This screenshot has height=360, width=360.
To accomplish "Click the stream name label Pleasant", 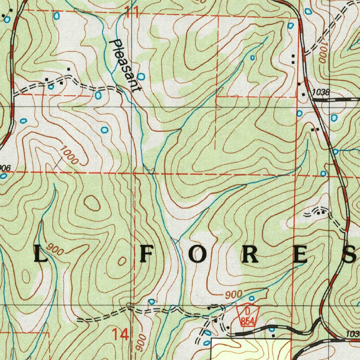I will coord(125,66).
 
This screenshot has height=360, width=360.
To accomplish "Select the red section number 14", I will coord(120,334).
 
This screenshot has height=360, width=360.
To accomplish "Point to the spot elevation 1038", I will coord(321,92).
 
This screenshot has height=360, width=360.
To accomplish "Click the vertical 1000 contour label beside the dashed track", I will coord(322,53).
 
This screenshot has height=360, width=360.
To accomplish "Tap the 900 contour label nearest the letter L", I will coord(56,249).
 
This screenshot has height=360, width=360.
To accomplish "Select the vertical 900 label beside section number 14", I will coord(140,343).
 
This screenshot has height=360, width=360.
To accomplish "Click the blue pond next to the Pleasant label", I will coord(141,76).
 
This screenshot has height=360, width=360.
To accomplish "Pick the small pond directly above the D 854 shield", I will coord(252,298).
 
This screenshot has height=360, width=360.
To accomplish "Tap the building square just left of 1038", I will coord(304,95).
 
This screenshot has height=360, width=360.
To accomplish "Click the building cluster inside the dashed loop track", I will coord(319,212).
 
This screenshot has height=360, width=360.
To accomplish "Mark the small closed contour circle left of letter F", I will coord(122,261).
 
